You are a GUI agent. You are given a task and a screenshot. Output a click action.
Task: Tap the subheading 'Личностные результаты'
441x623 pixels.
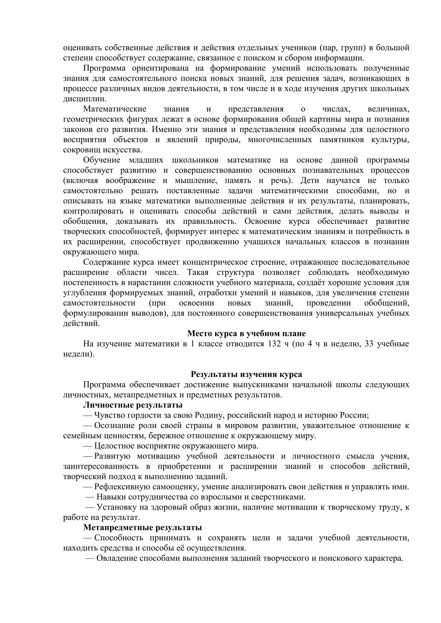pos(133,405)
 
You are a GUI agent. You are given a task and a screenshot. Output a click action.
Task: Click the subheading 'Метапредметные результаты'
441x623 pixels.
pos(142,528)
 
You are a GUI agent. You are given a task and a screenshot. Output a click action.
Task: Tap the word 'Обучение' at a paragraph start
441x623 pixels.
pos(101,160)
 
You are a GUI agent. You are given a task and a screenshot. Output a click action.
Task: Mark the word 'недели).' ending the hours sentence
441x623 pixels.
pos(79,354)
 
